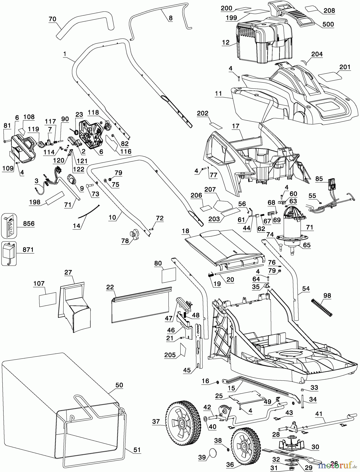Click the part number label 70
pyautogui.click(x=53, y=19)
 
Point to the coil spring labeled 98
pyautogui.click(x=322, y=307)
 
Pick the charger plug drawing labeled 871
pyautogui.click(x=9, y=253)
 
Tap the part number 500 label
pyautogui.click(x=328, y=24)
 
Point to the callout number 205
pyautogui.click(x=170, y=355)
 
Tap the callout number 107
pyautogui.click(x=39, y=283)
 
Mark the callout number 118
pyautogui.click(x=93, y=112)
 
